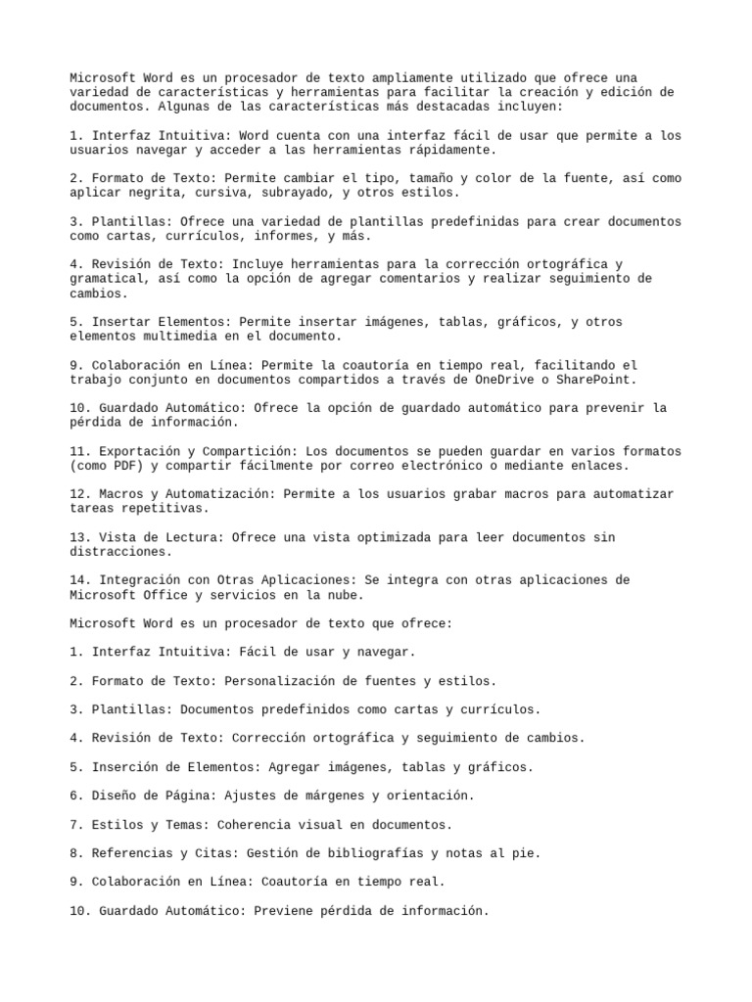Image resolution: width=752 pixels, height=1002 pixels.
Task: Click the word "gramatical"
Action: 106,279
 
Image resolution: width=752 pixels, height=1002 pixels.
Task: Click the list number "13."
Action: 81,537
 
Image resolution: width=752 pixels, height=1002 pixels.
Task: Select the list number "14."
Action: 81,580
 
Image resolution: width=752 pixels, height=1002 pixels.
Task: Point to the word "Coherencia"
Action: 254,825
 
